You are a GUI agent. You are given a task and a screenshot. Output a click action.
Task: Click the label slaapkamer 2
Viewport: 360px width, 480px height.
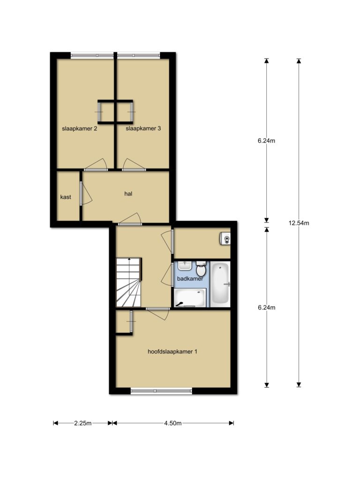tap(80, 128)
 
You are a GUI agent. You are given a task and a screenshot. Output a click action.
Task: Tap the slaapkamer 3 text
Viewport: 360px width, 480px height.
tap(143, 128)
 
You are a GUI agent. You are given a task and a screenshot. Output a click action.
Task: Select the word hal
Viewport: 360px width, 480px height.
tap(128, 194)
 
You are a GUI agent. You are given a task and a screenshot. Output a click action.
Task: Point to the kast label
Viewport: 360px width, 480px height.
tap(66, 197)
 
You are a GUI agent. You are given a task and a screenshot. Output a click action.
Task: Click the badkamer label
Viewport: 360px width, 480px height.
tap(190, 279)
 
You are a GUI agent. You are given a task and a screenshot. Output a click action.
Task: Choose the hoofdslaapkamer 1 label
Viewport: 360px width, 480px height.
tap(172, 352)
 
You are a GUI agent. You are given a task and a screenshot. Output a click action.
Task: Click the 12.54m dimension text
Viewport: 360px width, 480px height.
tap(299, 223)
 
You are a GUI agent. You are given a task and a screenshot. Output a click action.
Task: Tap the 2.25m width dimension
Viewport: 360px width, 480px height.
tap(82, 423)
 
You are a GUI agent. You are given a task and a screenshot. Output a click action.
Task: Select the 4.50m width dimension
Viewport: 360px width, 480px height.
tap(173, 423)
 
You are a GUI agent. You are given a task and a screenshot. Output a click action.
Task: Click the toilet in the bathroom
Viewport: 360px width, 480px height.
tap(201, 269)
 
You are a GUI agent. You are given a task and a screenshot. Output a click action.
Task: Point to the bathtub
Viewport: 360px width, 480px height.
tap(220, 284)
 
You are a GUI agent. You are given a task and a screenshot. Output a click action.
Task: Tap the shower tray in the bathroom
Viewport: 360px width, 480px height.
tap(190, 298)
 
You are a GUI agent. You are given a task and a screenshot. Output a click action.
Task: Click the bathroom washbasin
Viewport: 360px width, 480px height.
tap(185, 266)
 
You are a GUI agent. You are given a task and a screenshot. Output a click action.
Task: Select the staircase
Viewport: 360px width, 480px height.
tap(128, 282)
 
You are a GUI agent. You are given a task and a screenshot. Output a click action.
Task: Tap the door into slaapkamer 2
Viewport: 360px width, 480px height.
tap(96, 165)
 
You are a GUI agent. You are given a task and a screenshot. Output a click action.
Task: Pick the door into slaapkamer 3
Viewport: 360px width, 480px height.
tap(134, 165)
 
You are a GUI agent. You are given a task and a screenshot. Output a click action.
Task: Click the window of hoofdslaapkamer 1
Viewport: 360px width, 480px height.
tap(161, 390)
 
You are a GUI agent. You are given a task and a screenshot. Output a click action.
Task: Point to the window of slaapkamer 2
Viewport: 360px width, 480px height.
tap(92, 56)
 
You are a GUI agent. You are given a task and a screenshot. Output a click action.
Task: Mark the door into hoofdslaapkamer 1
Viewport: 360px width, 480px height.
tap(157, 314)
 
